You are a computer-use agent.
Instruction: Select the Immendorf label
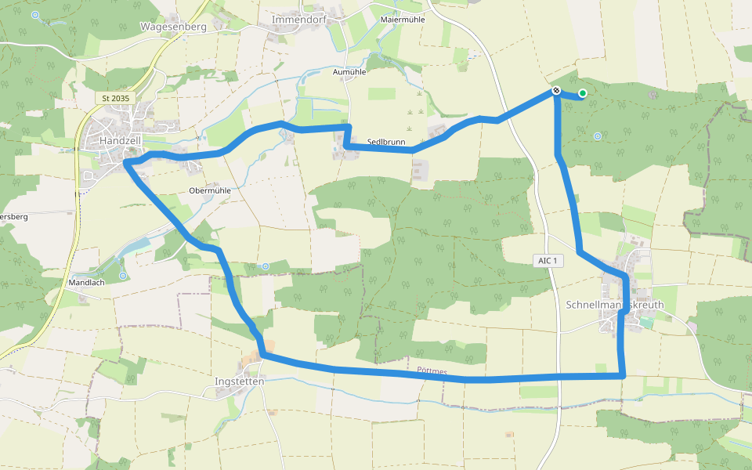pos(297,18)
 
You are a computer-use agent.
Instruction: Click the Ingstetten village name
pos(239,381)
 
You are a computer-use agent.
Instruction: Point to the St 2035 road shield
pos(116,98)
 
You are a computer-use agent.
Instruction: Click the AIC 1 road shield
pos(548,260)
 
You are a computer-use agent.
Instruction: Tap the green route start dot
pos(582,93)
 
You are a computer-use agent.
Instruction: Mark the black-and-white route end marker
pos(556,91)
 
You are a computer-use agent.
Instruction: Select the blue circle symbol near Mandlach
pos(123,276)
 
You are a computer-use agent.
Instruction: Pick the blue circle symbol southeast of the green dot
pos(598,136)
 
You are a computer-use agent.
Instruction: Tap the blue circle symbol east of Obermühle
pos(266,267)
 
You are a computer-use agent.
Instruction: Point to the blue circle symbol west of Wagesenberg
pos(35,15)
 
